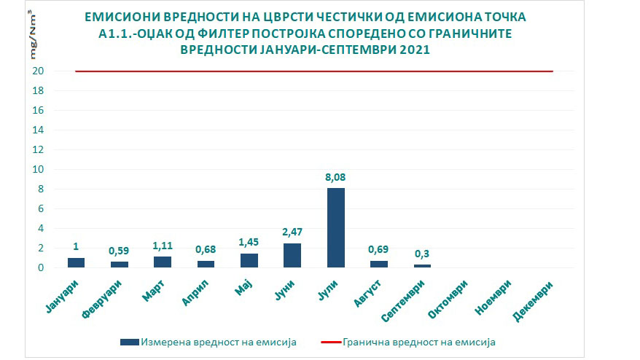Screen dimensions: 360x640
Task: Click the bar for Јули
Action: [336, 227]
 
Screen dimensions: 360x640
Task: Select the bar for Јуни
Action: [292, 255]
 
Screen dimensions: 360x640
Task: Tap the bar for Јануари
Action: [77, 262]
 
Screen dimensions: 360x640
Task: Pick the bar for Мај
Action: [249, 260]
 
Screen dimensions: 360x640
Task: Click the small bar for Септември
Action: [423, 266]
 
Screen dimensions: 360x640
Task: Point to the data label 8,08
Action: [336, 176]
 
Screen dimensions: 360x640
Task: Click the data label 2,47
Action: [292, 232]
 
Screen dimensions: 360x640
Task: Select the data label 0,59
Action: [120, 251]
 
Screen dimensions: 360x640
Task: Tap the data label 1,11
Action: [163, 246]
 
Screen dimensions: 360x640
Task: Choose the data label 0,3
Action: [423, 254]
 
